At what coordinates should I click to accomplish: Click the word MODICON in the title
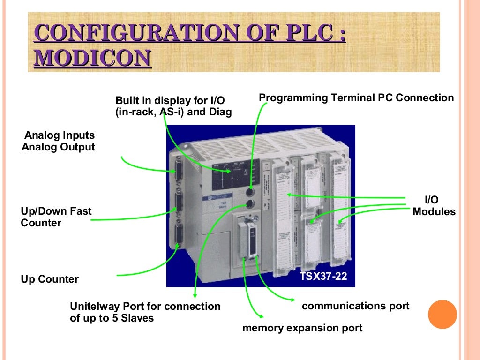(x=93, y=58)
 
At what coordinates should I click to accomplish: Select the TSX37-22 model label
(x=323, y=277)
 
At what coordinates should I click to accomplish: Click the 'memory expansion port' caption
(x=302, y=328)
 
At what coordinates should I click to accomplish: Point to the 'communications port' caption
(x=355, y=306)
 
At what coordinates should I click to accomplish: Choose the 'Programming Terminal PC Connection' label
(x=356, y=97)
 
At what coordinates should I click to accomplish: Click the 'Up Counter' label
(x=50, y=279)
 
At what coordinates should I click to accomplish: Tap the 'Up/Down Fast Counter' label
(x=56, y=217)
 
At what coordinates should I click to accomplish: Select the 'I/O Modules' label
(x=434, y=206)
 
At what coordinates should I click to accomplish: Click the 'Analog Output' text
(x=58, y=147)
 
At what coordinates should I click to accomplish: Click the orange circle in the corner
(x=442, y=314)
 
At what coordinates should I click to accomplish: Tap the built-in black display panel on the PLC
(x=235, y=174)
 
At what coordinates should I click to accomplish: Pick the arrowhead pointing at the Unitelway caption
(x=195, y=296)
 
